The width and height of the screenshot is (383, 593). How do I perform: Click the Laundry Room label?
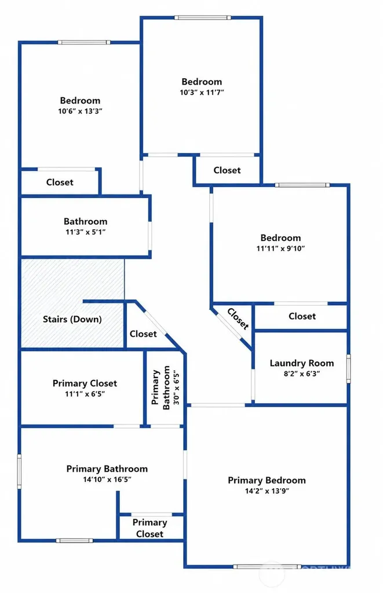(x=302, y=363)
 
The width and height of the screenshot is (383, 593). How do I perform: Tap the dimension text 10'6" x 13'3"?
(x=80, y=111)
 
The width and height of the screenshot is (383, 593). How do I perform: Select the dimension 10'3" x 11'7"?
(x=202, y=92)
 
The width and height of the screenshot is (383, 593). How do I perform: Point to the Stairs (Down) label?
(x=72, y=319)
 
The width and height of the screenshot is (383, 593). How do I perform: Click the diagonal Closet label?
(x=238, y=319)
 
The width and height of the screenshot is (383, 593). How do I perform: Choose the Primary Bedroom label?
(x=267, y=480)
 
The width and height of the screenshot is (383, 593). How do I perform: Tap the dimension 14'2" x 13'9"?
(x=267, y=491)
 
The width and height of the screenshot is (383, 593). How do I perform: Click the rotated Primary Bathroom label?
(x=161, y=387)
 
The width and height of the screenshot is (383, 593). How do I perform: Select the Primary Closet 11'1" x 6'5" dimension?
(x=85, y=394)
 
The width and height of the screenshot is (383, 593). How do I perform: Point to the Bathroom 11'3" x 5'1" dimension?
(x=86, y=232)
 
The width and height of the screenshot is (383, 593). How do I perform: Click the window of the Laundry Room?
(x=349, y=369)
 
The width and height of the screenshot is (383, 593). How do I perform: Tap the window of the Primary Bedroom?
(x=267, y=566)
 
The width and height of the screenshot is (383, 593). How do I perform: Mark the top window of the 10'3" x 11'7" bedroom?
(x=202, y=17)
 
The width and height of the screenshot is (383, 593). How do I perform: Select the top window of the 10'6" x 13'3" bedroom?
(x=84, y=42)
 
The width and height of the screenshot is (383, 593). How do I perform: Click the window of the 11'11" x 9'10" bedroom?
(x=302, y=185)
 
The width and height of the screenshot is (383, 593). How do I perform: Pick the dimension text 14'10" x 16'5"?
(x=107, y=479)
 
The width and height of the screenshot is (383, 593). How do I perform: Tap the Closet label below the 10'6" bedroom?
(x=60, y=182)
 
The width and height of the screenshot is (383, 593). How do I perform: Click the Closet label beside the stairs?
(x=143, y=334)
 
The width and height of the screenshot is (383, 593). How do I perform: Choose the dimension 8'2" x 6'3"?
(x=302, y=374)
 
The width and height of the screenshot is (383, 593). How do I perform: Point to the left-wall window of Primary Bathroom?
(x=19, y=471)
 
